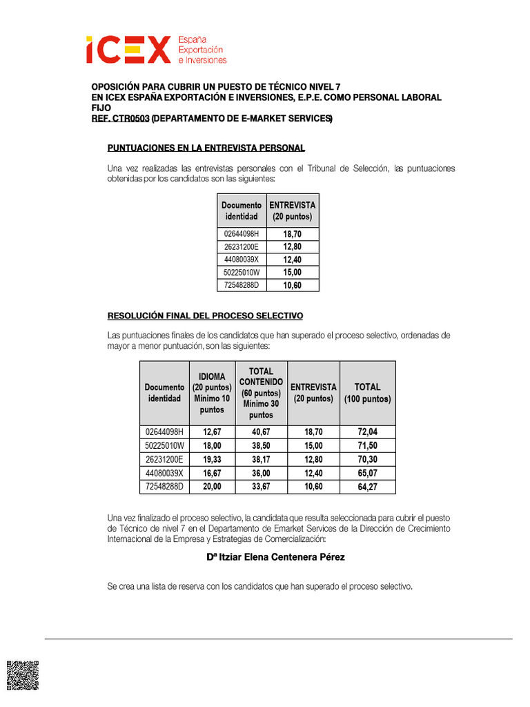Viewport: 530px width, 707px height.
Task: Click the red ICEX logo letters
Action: (x=128, y=50)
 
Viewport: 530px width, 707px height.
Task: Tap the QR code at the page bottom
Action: (x=22, y=675)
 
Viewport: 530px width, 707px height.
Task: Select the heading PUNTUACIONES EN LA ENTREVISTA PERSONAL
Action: (x=206, y=148)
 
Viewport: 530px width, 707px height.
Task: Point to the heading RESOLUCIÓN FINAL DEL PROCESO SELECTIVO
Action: (x=205, y=316)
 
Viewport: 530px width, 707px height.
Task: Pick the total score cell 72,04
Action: (x=367, y=432)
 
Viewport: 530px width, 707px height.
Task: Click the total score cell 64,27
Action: (x=367, y=487)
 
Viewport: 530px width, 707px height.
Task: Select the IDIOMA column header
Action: (x=212, y=393)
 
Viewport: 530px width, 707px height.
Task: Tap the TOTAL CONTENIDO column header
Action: (x=261, y=393)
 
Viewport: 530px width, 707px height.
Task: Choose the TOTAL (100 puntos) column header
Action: (x=367, y=393)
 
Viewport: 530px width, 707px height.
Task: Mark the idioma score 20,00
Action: (x=212, y=487)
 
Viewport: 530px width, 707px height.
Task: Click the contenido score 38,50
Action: (x=261, y=445)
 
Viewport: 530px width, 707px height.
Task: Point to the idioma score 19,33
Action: (x=212, y=459)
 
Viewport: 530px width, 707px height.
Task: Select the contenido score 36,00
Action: (x=261, y=473)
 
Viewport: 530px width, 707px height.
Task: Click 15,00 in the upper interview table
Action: (x=292, y=273)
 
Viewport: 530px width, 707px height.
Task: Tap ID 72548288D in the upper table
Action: (x=241, y=285)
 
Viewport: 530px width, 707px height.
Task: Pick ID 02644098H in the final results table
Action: (x=164, y=432)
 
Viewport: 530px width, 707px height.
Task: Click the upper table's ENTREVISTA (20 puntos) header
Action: (x=292, y=211)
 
